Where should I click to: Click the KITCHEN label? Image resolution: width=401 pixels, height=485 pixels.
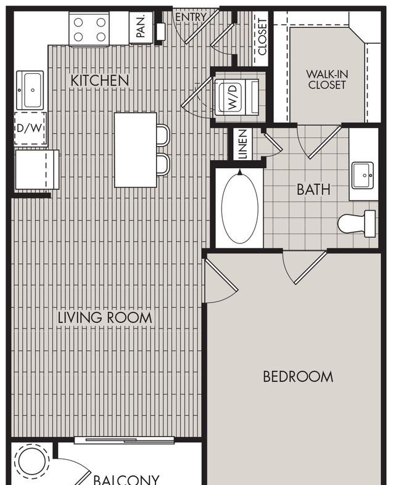tap(100, 80)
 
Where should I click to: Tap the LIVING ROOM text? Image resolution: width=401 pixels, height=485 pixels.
tap(105, 317)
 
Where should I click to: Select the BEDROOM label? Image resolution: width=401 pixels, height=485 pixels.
tap(298, 377)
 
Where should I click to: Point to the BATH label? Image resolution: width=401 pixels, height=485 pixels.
tap(313, 189)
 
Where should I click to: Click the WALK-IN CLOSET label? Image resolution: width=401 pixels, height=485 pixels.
tap(327, 79)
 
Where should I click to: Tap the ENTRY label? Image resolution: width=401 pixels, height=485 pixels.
tap(191, 17)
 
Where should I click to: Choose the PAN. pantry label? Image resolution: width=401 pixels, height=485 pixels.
tap(141, 27)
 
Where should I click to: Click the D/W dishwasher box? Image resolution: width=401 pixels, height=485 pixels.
tap(30, 128)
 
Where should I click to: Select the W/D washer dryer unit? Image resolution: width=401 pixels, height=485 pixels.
tap(236, 97)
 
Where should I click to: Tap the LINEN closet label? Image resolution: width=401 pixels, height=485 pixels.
tap(243, 144)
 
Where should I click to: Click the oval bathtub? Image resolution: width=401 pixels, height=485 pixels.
tap(239, 208)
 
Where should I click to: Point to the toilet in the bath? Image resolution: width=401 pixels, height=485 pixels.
tap(357, 224)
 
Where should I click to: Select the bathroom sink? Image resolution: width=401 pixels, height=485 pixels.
tap(363, 176)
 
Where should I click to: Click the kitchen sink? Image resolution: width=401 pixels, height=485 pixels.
tap(30, 90)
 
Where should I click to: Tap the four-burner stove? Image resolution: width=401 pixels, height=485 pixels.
tap(89, 30)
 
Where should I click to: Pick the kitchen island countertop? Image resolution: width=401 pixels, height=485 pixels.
tap(136, 150)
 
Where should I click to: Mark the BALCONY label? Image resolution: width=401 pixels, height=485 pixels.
tap(126, 479)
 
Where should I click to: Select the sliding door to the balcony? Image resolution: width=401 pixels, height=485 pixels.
tap(124, 440)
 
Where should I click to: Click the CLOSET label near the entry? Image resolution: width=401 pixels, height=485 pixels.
tap(262, 37)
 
